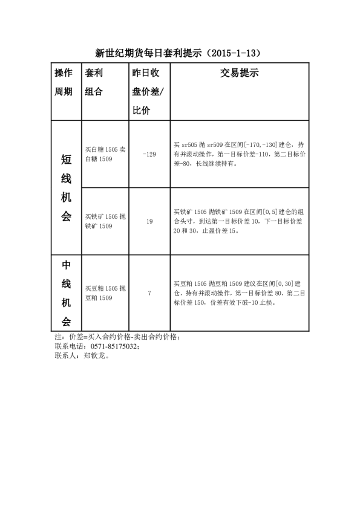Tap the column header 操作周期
[x=64, y=82]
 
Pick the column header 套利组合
[x=94, y=82]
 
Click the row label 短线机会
[x=66, y=187]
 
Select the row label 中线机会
[x=66, y=293]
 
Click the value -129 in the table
[x=149, y=154]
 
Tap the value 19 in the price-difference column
[x=149, y=221]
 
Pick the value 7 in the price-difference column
[x=149, y=293]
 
